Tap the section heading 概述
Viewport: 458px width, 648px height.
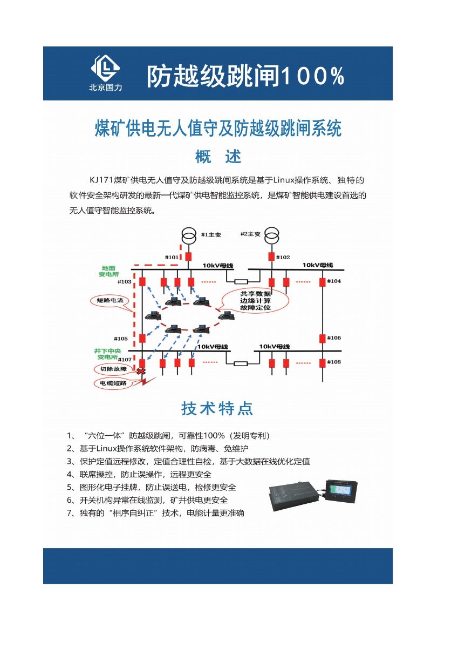click(218, 157)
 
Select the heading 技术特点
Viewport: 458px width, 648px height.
click(217, 409)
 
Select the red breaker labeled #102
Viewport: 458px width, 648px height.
click(272, 257)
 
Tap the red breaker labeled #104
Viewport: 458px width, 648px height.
click(322, 282)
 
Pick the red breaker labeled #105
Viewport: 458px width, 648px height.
click(142, 339)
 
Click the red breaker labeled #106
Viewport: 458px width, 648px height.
click(322, 339)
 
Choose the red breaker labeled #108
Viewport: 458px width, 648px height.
click(322, 362)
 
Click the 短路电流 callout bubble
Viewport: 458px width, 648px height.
click(110, 300)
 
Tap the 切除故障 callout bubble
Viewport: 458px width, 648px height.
click(113, 370)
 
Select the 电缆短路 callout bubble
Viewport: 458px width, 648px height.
click(113, 383)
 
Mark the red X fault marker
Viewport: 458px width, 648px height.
click(142, 372)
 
